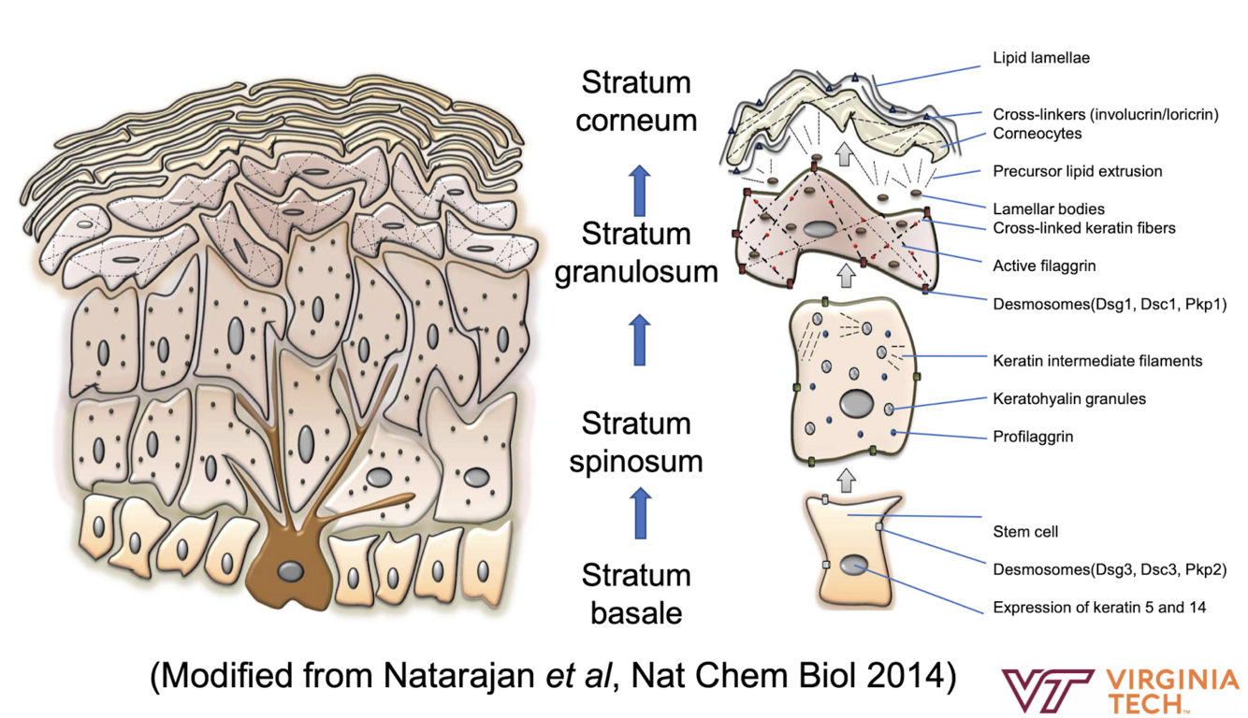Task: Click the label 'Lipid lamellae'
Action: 1040,58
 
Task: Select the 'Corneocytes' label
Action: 1037,134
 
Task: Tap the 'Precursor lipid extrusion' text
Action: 1077,172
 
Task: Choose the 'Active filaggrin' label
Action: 1044,266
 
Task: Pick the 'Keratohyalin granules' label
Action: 1068,399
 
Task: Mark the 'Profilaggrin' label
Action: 1032,437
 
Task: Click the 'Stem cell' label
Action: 1025,532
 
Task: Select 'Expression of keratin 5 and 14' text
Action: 1098,608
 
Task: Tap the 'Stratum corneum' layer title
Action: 636,101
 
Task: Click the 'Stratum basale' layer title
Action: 636,594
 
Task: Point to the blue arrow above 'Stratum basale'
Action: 640,512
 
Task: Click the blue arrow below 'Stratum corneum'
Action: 639,190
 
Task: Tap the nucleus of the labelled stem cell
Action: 853,564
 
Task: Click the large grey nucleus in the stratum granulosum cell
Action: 821,229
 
